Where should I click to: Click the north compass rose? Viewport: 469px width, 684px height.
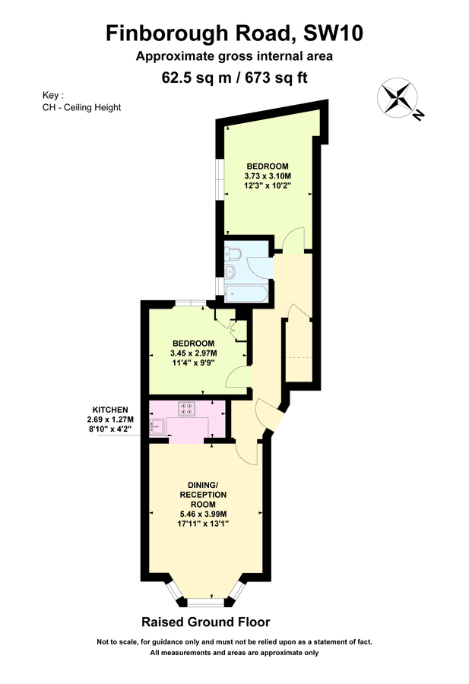(400, 99)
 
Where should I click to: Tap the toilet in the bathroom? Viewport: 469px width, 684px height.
(233, 254)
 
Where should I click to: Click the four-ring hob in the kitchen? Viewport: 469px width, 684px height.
(187, 408)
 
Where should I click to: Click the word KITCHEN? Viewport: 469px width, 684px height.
(110, 410)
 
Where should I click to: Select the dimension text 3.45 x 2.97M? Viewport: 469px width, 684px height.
(193, 353)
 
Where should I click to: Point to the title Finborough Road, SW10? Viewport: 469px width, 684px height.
(234, 33)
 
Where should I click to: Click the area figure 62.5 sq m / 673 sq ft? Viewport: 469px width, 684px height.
(234, 77)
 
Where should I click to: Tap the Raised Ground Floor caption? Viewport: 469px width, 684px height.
(205, 622)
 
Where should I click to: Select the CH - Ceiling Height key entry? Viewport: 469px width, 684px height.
(81, 107)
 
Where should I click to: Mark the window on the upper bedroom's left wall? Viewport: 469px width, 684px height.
(220, 179)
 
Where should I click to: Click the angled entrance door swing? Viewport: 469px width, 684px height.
(269, 415)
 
